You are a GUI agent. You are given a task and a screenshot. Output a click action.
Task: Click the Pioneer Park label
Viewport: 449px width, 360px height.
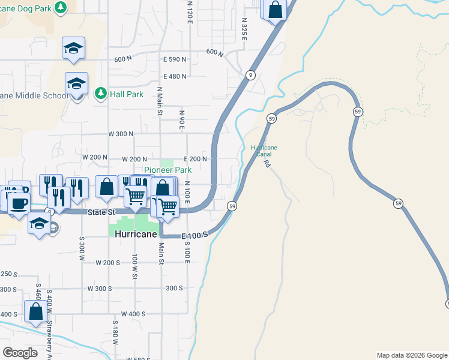[167, 170]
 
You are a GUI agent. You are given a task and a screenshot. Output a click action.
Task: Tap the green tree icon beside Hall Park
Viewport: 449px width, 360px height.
[100, 93]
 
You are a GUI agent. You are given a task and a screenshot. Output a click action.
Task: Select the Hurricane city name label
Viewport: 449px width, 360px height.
[136, 235]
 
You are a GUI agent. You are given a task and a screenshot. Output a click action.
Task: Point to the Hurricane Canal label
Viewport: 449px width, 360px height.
[264, 151]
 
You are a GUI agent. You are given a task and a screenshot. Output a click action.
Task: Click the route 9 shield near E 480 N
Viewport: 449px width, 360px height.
[250, 75]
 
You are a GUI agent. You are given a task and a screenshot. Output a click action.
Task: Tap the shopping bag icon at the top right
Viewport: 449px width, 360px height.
[275, 10]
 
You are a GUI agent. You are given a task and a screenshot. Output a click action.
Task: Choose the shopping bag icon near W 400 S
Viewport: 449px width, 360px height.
[35, 311]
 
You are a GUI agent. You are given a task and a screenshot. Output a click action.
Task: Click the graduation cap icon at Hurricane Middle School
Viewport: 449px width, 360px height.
[77, 83]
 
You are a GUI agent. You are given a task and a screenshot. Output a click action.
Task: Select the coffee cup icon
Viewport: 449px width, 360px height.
[18, 202]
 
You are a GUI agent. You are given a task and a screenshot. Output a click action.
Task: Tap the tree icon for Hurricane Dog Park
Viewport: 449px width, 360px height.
[60, 7]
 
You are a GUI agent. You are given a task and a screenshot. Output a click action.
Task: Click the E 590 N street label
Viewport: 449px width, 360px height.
[175, 60]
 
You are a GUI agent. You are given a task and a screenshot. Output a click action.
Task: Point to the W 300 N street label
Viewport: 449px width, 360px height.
[120, 134]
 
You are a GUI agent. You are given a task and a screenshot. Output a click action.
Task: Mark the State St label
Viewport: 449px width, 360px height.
[102, 212]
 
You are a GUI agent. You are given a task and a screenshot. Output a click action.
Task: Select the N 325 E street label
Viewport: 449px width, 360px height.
[244, 28]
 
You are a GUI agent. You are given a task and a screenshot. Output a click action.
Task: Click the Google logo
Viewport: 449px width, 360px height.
[20, 352]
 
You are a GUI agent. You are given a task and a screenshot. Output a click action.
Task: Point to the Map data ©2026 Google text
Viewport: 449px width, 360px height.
[412, 355]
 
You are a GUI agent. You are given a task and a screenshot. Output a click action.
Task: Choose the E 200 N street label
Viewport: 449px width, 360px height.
[195, 159]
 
